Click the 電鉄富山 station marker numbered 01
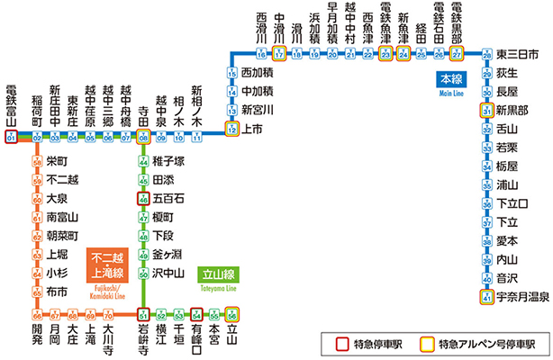coord(11,138)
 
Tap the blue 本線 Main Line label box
coord(449,81)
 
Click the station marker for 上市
coord(231,130)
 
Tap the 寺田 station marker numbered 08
coord(143,138)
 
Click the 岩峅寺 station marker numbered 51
coord(143,314)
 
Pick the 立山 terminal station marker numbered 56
coord(231,314)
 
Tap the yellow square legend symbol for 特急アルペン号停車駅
coord(428,342)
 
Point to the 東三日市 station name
coord(517,56)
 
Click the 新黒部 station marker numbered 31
coord(486,111)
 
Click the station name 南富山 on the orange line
coord(63,217)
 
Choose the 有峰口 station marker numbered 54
coord(196,314)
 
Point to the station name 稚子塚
coord(168,161)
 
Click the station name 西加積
coord(259,72)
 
